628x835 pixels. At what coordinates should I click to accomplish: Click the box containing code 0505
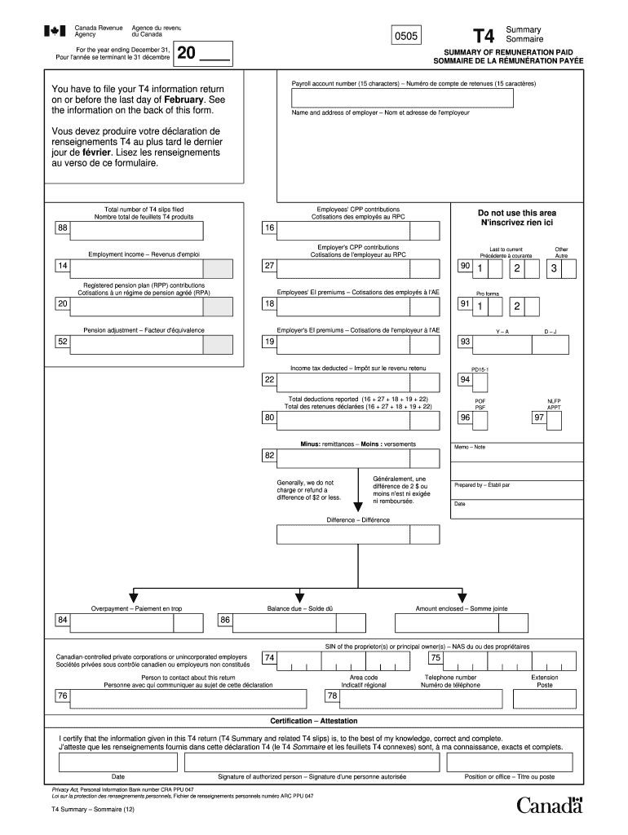[406, 37]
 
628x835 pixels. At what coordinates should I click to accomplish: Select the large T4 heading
[484, 36]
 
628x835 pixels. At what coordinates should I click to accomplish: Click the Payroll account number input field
[403, 98]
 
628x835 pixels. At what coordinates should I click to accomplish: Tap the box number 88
[62, 228]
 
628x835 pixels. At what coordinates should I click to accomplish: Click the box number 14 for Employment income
[62, 267]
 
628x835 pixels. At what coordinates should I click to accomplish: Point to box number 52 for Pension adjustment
[62, 342]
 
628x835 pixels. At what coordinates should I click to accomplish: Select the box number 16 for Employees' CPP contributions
[269, 228]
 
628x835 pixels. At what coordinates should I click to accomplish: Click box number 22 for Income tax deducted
[269, 380]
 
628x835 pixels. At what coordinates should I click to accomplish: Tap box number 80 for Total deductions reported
[269, 417]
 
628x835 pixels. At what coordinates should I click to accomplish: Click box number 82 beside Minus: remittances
[269, 455]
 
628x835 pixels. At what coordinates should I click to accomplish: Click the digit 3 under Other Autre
[555, 268]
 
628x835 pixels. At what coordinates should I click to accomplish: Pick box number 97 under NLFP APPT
[538, 417]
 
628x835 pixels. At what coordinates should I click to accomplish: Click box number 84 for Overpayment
[62, 621]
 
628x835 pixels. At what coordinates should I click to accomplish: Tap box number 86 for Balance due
[225, 621]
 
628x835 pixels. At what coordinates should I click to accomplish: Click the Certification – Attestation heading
[314, 721]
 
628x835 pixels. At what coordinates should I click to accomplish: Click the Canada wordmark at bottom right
[551, 805]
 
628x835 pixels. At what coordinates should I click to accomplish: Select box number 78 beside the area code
[332, 696]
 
